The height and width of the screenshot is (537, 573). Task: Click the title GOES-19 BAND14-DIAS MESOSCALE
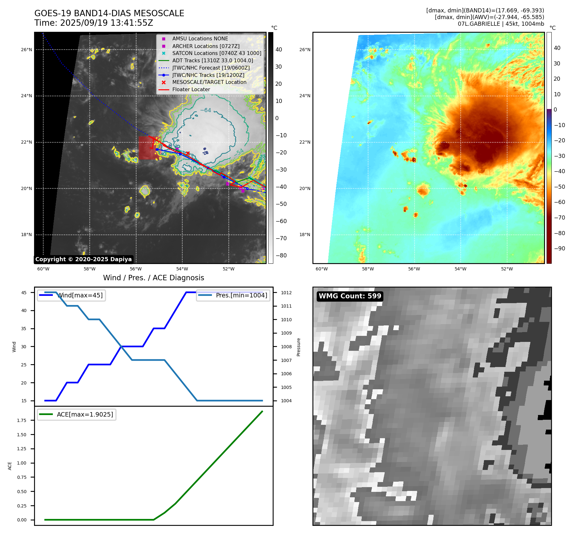click(109, 13)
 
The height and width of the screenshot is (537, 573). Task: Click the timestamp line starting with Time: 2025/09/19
click(94, 23)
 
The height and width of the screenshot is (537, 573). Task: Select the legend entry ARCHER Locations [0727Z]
click(206, 46)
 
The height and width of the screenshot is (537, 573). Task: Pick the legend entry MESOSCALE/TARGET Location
click(209, 82)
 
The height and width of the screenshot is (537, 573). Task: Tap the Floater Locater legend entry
click(191, 89)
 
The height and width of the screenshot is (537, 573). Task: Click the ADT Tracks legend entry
click(213, 60)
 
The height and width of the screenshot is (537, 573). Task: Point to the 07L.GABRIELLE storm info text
click(501, 24)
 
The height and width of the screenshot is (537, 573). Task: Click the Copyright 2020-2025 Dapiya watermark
click(83, 259)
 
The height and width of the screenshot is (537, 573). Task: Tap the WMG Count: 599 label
click(350, 296)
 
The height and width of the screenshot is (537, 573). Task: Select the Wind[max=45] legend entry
click(80, 295)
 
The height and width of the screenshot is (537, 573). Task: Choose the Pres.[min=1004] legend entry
click(241, 295)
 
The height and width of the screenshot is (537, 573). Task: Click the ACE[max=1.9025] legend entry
click(85, 414)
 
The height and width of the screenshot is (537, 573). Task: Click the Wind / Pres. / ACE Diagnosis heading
click(153, 278)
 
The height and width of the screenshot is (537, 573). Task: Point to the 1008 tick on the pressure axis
click(286, 347)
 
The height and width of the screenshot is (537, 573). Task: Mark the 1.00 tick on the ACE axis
click(22, 463)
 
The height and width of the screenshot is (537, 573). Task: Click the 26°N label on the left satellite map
click(27, 50)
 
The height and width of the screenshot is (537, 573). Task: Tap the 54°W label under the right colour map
click(460, 269)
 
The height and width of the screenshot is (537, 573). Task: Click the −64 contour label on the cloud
click(206, 110)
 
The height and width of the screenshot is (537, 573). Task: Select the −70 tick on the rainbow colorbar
click(559, 218)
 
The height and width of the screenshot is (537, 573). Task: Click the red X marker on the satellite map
click(188, 153)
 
